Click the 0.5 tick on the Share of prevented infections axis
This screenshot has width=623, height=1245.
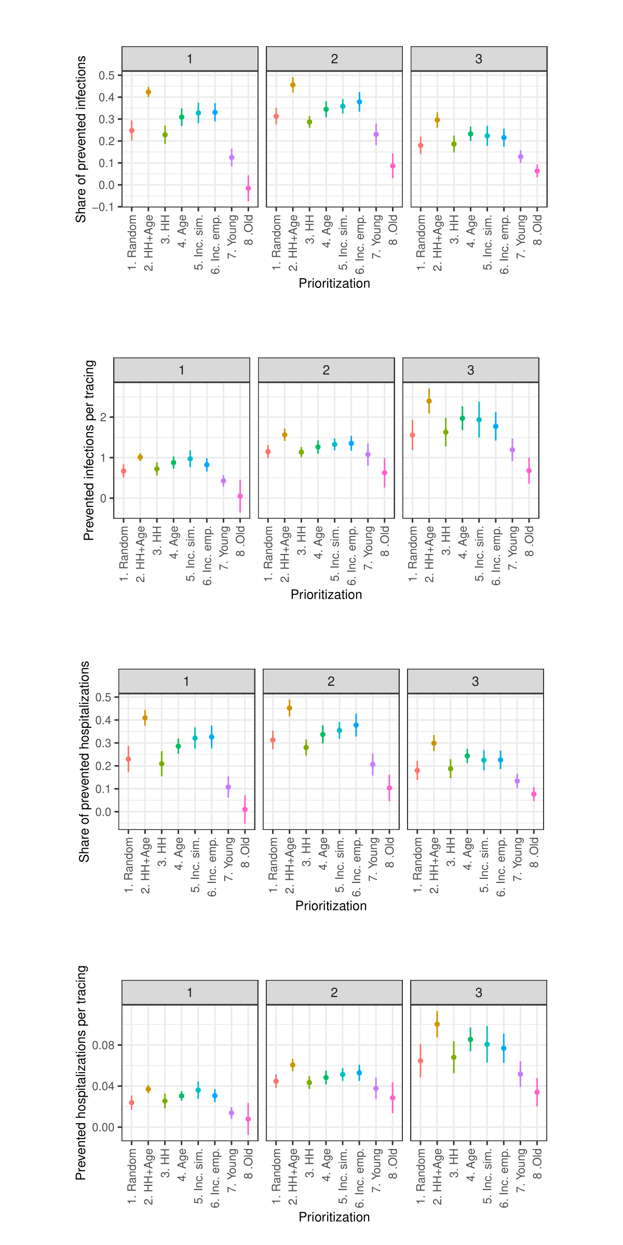coord(107,75)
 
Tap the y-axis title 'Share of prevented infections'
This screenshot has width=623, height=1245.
coord(81,139)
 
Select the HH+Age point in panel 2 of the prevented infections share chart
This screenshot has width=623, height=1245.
coord(293,85)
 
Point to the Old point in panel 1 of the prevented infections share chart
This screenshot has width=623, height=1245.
coord(248,188)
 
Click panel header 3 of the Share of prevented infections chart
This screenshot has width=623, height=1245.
coord(479,59)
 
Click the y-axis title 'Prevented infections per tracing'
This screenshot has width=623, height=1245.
coord(89,450)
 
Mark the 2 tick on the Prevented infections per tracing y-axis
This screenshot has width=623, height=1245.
coord(103,417)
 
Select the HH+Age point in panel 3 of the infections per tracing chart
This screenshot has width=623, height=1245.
coord(429,401)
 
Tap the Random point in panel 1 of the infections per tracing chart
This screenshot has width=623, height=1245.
coord(124,471)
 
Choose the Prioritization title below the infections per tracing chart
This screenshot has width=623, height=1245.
coord(326,594)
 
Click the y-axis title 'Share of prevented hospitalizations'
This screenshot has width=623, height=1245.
coord(84,761)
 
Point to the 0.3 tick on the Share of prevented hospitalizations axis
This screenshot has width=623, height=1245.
coord(103,743)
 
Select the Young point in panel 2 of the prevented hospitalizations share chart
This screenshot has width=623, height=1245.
coord(373,765)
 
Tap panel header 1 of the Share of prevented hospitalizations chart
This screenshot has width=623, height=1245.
coord(186,682)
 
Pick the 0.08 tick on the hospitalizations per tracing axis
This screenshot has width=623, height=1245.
coord(103,1045)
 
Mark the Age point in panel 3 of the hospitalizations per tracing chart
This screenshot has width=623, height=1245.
coord(470,1040)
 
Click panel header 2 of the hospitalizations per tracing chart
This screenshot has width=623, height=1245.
coord(334,993)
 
